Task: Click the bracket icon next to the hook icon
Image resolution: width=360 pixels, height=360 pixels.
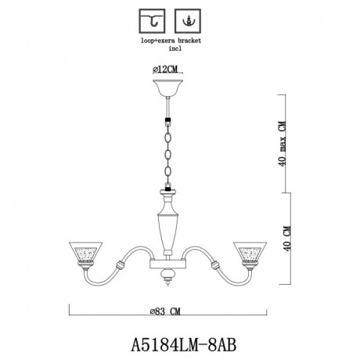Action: click(x=186, y=18)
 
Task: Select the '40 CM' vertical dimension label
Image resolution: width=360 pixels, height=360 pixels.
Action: click(x=292, y=232)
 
